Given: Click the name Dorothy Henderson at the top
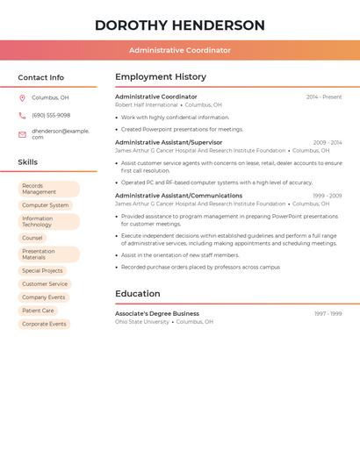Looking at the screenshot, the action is point(179,25).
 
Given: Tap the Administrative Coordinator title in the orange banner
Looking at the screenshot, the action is point(179,50).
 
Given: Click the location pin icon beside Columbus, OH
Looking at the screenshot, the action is point(22,98).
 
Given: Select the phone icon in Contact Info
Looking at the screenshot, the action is point(22,116).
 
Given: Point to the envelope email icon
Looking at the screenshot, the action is point(22,134).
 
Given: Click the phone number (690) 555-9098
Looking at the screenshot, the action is point(51,116).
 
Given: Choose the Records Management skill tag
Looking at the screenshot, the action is point(48,189).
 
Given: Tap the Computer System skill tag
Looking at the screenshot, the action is point(45,205).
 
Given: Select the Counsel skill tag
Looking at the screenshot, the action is point(32,238).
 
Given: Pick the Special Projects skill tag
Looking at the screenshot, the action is point(43,271).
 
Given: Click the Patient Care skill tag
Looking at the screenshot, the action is point(38,311).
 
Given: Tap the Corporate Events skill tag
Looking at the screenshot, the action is point(44,324).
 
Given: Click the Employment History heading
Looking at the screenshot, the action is point(161,77).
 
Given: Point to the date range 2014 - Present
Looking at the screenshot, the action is point(324,97).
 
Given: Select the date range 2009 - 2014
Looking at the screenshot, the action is point(328,142).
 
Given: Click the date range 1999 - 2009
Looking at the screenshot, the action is point(328,196).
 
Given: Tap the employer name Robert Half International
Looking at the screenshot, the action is point(147,105).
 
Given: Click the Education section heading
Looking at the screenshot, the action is point(138,294).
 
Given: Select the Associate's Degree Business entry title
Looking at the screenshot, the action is point(157,313).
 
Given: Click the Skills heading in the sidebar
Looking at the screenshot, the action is point(28,162).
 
